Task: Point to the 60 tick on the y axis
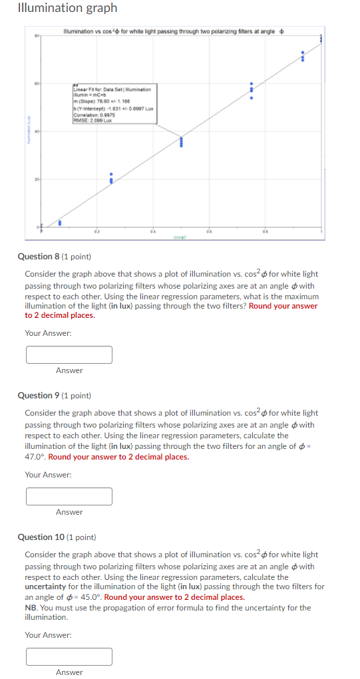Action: tap(37, 84)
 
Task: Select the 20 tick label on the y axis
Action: tap(37, 180)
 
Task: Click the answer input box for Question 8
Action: tap(69, 354)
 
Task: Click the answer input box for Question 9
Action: tap(69, 496)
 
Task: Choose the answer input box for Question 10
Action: tap(69, 657)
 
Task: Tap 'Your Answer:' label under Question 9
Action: tap(48, 475)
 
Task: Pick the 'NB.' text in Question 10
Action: tap(31, 608)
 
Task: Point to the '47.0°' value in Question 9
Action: tap(36, 457)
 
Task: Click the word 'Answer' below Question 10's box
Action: tap(69, 672)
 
